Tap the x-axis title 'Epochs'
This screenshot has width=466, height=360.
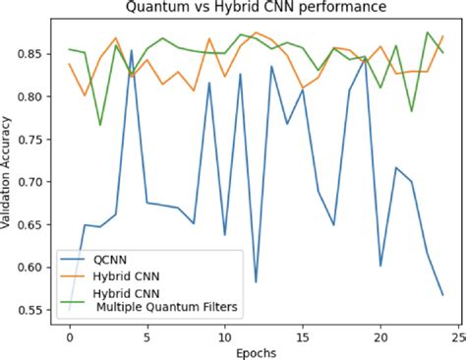pyautogui.click(x=255, y=350)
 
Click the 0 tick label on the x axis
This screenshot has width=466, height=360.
pyautogui.click(x=69, y=334)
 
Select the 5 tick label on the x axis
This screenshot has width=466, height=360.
pyautogui.click(x=146, y=334)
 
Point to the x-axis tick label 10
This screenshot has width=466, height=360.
pyautogui.click(x=224, y=334)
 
